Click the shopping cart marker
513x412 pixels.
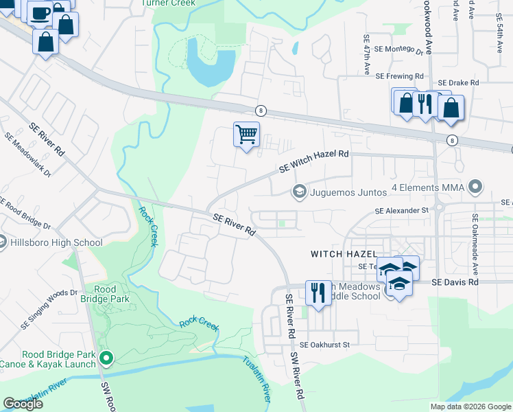[x=246, y=133]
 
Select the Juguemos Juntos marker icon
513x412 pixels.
[x=299, y=192]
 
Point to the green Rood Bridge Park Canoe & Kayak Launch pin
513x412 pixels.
[x=106, y=358]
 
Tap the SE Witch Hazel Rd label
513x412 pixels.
[x=314, y=161]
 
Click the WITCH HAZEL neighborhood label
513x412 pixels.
[x=342, y=254]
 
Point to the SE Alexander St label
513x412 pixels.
[x=401, y=211]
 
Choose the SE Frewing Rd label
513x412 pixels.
[x=400, y=76]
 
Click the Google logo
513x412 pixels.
[x=23, y=404]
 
